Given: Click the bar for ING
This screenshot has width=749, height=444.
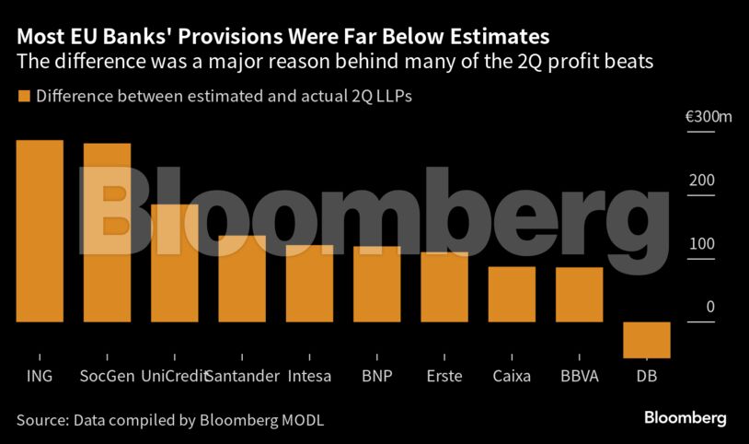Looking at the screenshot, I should [40, 231].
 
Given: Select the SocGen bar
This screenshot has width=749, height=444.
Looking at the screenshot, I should [107, 232].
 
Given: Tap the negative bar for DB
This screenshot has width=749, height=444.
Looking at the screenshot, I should [646, 340].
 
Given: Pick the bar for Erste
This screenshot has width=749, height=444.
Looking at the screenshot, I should [444, 286].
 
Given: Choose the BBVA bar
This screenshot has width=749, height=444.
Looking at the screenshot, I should [579, 295].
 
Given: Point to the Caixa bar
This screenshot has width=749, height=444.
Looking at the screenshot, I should [512, 294].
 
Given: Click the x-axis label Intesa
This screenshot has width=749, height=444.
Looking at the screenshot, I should [309, 376].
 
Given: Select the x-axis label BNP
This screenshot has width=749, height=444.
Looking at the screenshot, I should [377, 376].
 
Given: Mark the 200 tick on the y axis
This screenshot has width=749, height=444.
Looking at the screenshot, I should [702, 181].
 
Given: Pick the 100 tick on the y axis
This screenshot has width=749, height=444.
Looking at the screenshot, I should [702, 244].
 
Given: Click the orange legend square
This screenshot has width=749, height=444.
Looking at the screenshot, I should [24, 96].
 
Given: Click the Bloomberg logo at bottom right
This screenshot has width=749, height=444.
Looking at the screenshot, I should [685, 418].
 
